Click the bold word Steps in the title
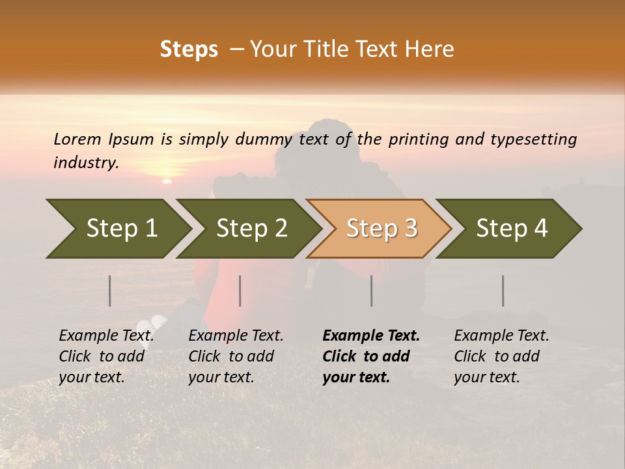189,50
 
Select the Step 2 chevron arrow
251,229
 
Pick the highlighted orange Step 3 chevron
381,229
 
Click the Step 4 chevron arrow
511,229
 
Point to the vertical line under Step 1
110,291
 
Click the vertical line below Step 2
240,291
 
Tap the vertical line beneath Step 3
371,291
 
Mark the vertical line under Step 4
503,291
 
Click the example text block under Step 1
106,356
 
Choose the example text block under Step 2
236,356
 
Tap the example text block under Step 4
501,356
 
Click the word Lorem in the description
77,139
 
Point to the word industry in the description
86,163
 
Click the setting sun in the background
167,180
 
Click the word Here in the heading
429,50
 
